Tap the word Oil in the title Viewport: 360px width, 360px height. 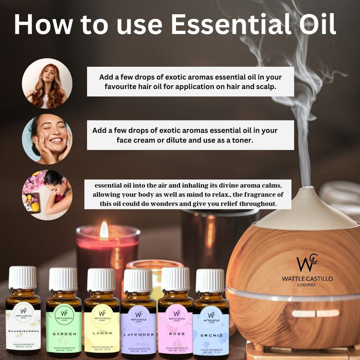pyautogui.click(x=314, y=24)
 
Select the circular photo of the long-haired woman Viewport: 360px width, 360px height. pyautogui.click(x=47, y=83)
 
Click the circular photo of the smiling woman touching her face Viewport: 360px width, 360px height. pyautogui.click(x=47, y=139)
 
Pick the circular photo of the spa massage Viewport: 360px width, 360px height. pyautogui.click(x=47, y=194)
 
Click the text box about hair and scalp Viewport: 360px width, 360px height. pyautogui.click(x=190, y=82)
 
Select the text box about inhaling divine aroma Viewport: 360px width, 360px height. pyautogui.click(x=188, y=194)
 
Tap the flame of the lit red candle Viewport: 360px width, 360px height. pyautogui.click(x=104, y=230)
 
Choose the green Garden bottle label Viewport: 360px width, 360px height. pyautogui.click(x=64, y=329)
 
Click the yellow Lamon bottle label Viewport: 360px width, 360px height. pyautogui.click(x=101, y=329)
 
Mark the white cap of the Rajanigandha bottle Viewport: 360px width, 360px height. pyautogui.click(x=23, y=278)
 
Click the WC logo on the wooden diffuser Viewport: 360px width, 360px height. pyautogui.click(x=307, y=263)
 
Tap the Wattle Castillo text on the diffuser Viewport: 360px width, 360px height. pyautogui.click(x=307, y=278)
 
